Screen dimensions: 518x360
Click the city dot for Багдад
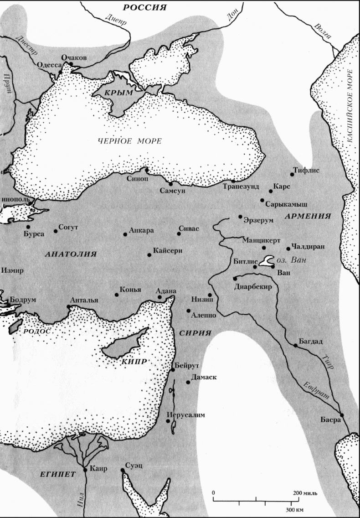pyautogui.click(x=296, y=346)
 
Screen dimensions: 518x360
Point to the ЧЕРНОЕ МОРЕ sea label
pyautogui.click(x=129, y=141)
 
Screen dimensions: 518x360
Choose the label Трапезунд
pyautogui.click(x=241, y=187)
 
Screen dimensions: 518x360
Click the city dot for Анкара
pyautogui.click(x=125, y=234)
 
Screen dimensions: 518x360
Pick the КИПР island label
pyautogui.click(x=134, y=361)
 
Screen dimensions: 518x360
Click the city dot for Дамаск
pyautogui.click(x=188, y=382)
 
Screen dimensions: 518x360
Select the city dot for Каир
pyautogui.click(x=85, y=470)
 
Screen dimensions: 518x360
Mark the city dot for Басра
pyautogui.click(x=342, y=415)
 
